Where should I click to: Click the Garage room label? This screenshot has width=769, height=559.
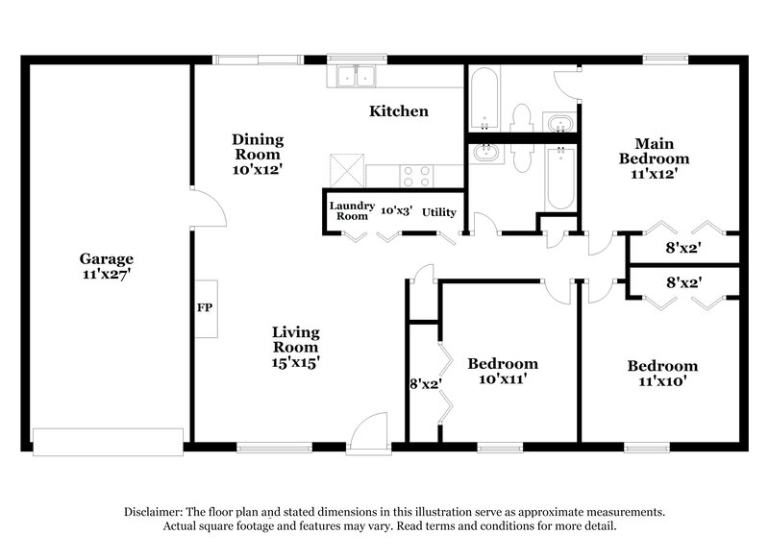(106, 259)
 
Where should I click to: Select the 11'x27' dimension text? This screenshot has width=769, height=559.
(106, 275)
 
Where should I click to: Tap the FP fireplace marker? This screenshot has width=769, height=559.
(204, 308)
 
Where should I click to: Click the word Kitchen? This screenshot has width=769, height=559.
(399, 111)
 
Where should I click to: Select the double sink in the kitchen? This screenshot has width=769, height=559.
(356, 75)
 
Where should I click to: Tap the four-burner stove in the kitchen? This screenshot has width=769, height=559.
(415, 176)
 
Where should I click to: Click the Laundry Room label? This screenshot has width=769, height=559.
(351, 211)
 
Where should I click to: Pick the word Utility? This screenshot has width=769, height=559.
(439, 212)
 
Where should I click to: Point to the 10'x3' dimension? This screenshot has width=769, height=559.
(396, 211)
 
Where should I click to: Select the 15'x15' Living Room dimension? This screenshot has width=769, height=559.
(295, 362)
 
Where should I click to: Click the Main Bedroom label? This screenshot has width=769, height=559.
(654, 151)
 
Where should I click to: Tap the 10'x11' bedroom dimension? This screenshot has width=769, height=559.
(502, 379)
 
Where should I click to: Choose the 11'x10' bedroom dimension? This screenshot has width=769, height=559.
(662, 381)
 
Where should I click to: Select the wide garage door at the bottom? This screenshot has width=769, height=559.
(108, 440)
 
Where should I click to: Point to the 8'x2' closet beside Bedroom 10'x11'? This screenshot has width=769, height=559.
(425, 383)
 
